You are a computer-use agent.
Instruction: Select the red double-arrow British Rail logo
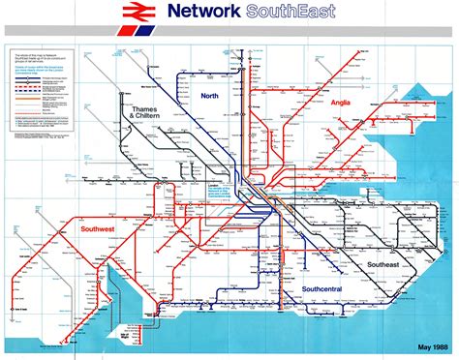[x=137, y=13]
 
